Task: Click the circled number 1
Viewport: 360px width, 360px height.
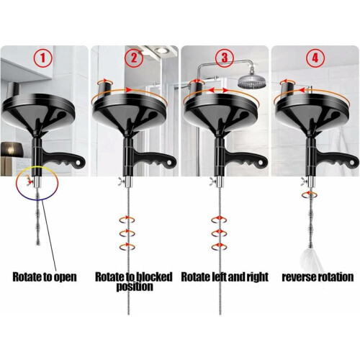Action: [42, 58]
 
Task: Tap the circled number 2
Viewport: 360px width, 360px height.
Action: [134, 58]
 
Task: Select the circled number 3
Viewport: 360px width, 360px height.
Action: [224, 58]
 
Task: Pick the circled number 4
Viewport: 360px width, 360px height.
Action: [315, 58]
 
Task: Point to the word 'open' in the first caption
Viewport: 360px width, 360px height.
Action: [65, 277]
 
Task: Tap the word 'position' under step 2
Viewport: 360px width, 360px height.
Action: [135, 287]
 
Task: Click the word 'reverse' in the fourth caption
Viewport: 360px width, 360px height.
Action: [298, 277]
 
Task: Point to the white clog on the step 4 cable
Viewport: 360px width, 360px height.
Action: [311, 260]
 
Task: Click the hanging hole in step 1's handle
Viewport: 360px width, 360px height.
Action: [79, 162]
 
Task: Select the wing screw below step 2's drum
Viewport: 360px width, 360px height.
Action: [121, 181]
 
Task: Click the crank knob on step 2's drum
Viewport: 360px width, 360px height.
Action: [105, 88]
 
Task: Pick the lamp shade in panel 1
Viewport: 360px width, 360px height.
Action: [12, 149]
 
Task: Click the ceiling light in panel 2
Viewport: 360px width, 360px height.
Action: [161, 50]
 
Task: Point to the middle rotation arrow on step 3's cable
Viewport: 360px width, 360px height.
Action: [219, 233]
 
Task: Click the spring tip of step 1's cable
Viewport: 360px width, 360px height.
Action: [37, 243]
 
